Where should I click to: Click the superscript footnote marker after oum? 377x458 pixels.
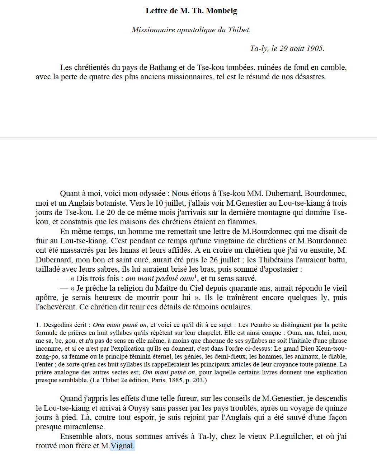point(195,276)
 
